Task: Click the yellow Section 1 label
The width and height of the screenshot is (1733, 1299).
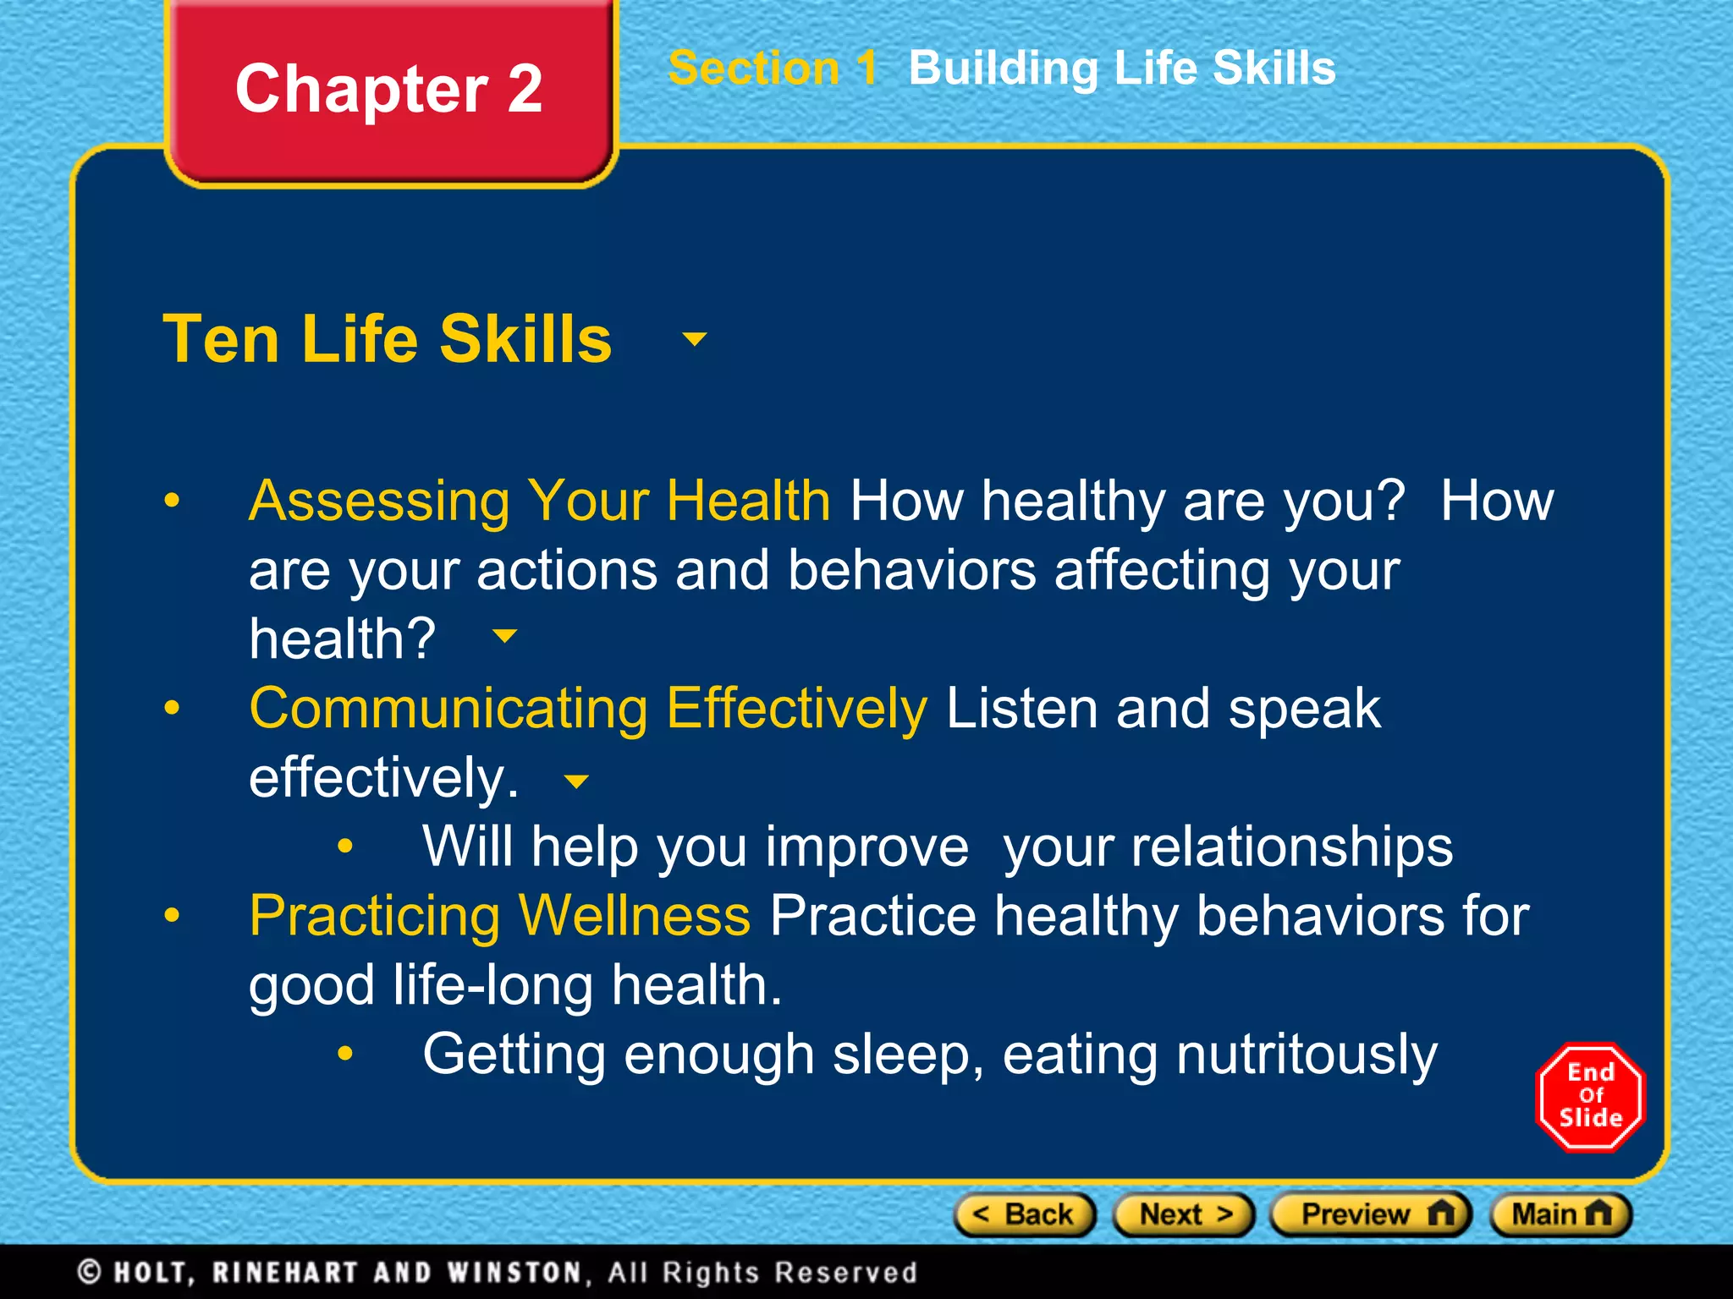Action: click(772, 68)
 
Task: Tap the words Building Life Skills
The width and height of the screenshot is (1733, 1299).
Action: click(1121, 68)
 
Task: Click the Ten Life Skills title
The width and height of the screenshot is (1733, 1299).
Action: click(387, 338)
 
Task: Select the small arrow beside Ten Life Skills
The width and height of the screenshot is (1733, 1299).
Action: click(694, 339)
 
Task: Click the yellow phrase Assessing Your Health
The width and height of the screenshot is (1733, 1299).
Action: click(539, 501)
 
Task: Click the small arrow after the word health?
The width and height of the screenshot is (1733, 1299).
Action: click(504, 636)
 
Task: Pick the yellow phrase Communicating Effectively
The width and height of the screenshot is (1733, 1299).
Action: click(588, 708)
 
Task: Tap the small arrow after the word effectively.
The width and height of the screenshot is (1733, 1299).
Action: click(576, 781)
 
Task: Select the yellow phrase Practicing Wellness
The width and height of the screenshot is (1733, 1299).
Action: click(499, 916)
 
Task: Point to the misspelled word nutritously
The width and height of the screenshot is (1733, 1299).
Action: click(1306, 1055)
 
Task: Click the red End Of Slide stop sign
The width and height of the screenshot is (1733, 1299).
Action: click(1590, 1096)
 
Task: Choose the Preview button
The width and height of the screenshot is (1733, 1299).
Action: click(1370, 1214)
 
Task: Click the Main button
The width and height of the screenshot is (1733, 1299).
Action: click(1560, 1214)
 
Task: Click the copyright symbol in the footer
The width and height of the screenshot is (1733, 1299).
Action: click(89, 1272)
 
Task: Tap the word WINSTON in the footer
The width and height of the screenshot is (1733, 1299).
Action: click(514, 1272)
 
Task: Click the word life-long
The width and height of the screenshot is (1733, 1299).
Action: click(492, 985)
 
